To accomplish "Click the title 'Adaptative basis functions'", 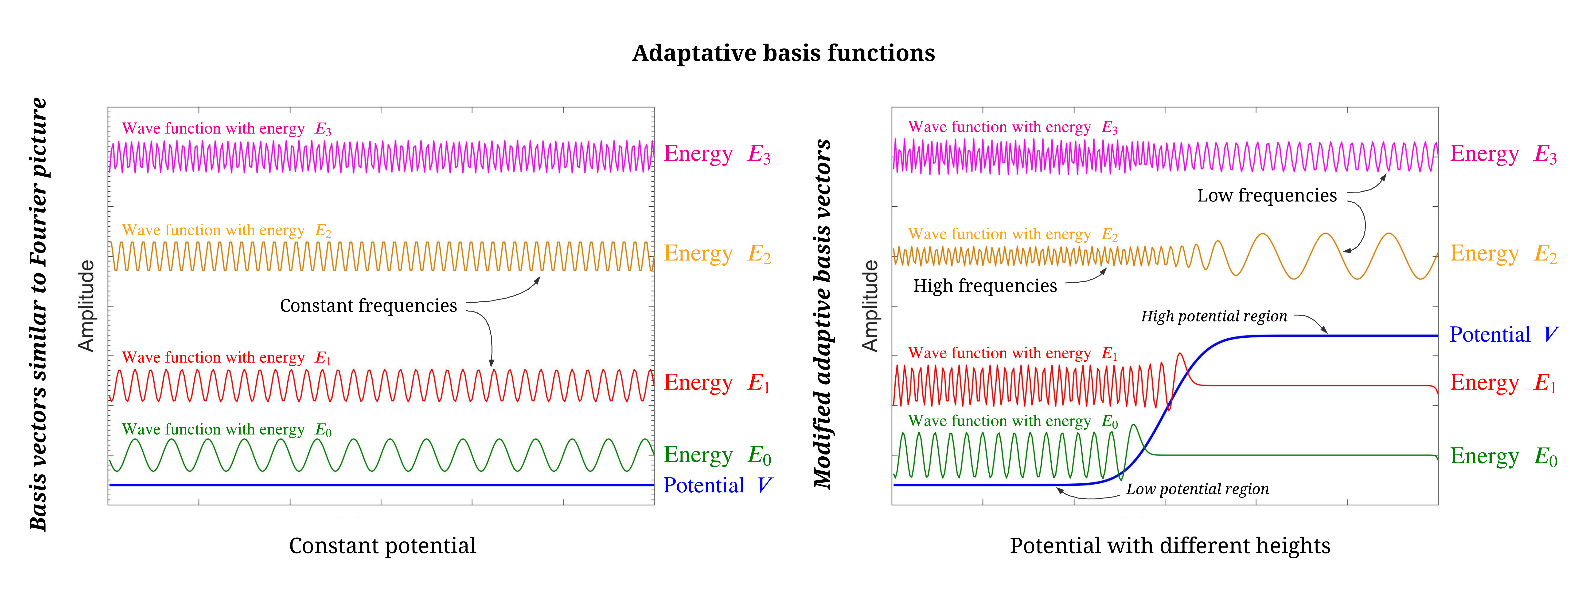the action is pyautogui.click(x=784, y=53).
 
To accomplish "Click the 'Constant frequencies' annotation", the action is pyautogui.click(x=369, y=306).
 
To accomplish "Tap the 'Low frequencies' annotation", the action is pyautogui.click(x=1267, y=195).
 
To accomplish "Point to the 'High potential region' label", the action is pyautogui.click(x=1214, y=316).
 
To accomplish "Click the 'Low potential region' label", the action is pyautogui.click(x=1197, y=489).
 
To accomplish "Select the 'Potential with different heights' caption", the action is pyautogui.click(x=1169, y=546).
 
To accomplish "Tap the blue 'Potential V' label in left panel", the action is pyautogui.click(x=717, y=485).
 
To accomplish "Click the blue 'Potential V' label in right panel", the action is pyautogui.click(x=1504, y=335).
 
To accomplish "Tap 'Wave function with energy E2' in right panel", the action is pyautogui.click(x=1012, y=234).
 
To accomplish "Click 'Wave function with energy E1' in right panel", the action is pyautogui.click(x=1012, y=353).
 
